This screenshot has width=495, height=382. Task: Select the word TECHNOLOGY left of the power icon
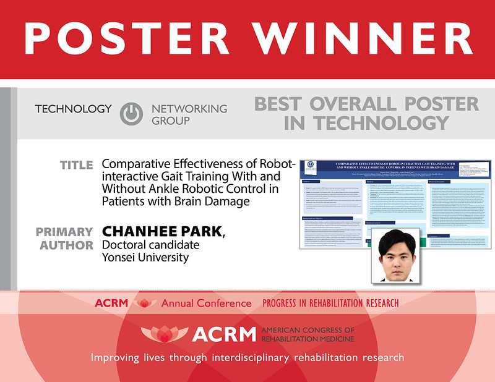tap(74, 109)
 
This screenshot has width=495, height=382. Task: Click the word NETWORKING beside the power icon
tap(189, 109)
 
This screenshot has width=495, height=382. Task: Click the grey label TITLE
tap(77, 165)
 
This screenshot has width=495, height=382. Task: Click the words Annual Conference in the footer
tap(207, 303)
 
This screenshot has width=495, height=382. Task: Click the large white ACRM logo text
tap(223, 334)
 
